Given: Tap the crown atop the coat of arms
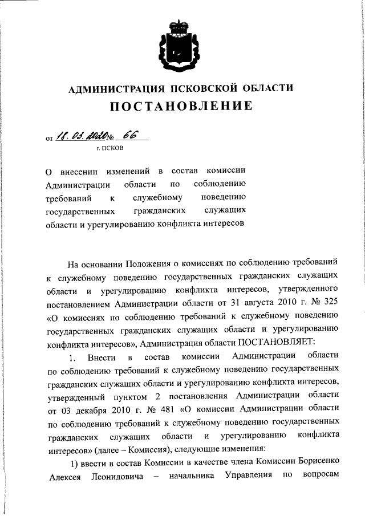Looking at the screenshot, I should coord(182,26).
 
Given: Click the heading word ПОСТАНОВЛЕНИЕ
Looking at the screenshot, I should coord(181,106).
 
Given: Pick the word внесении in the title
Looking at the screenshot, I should coord(82,170).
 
